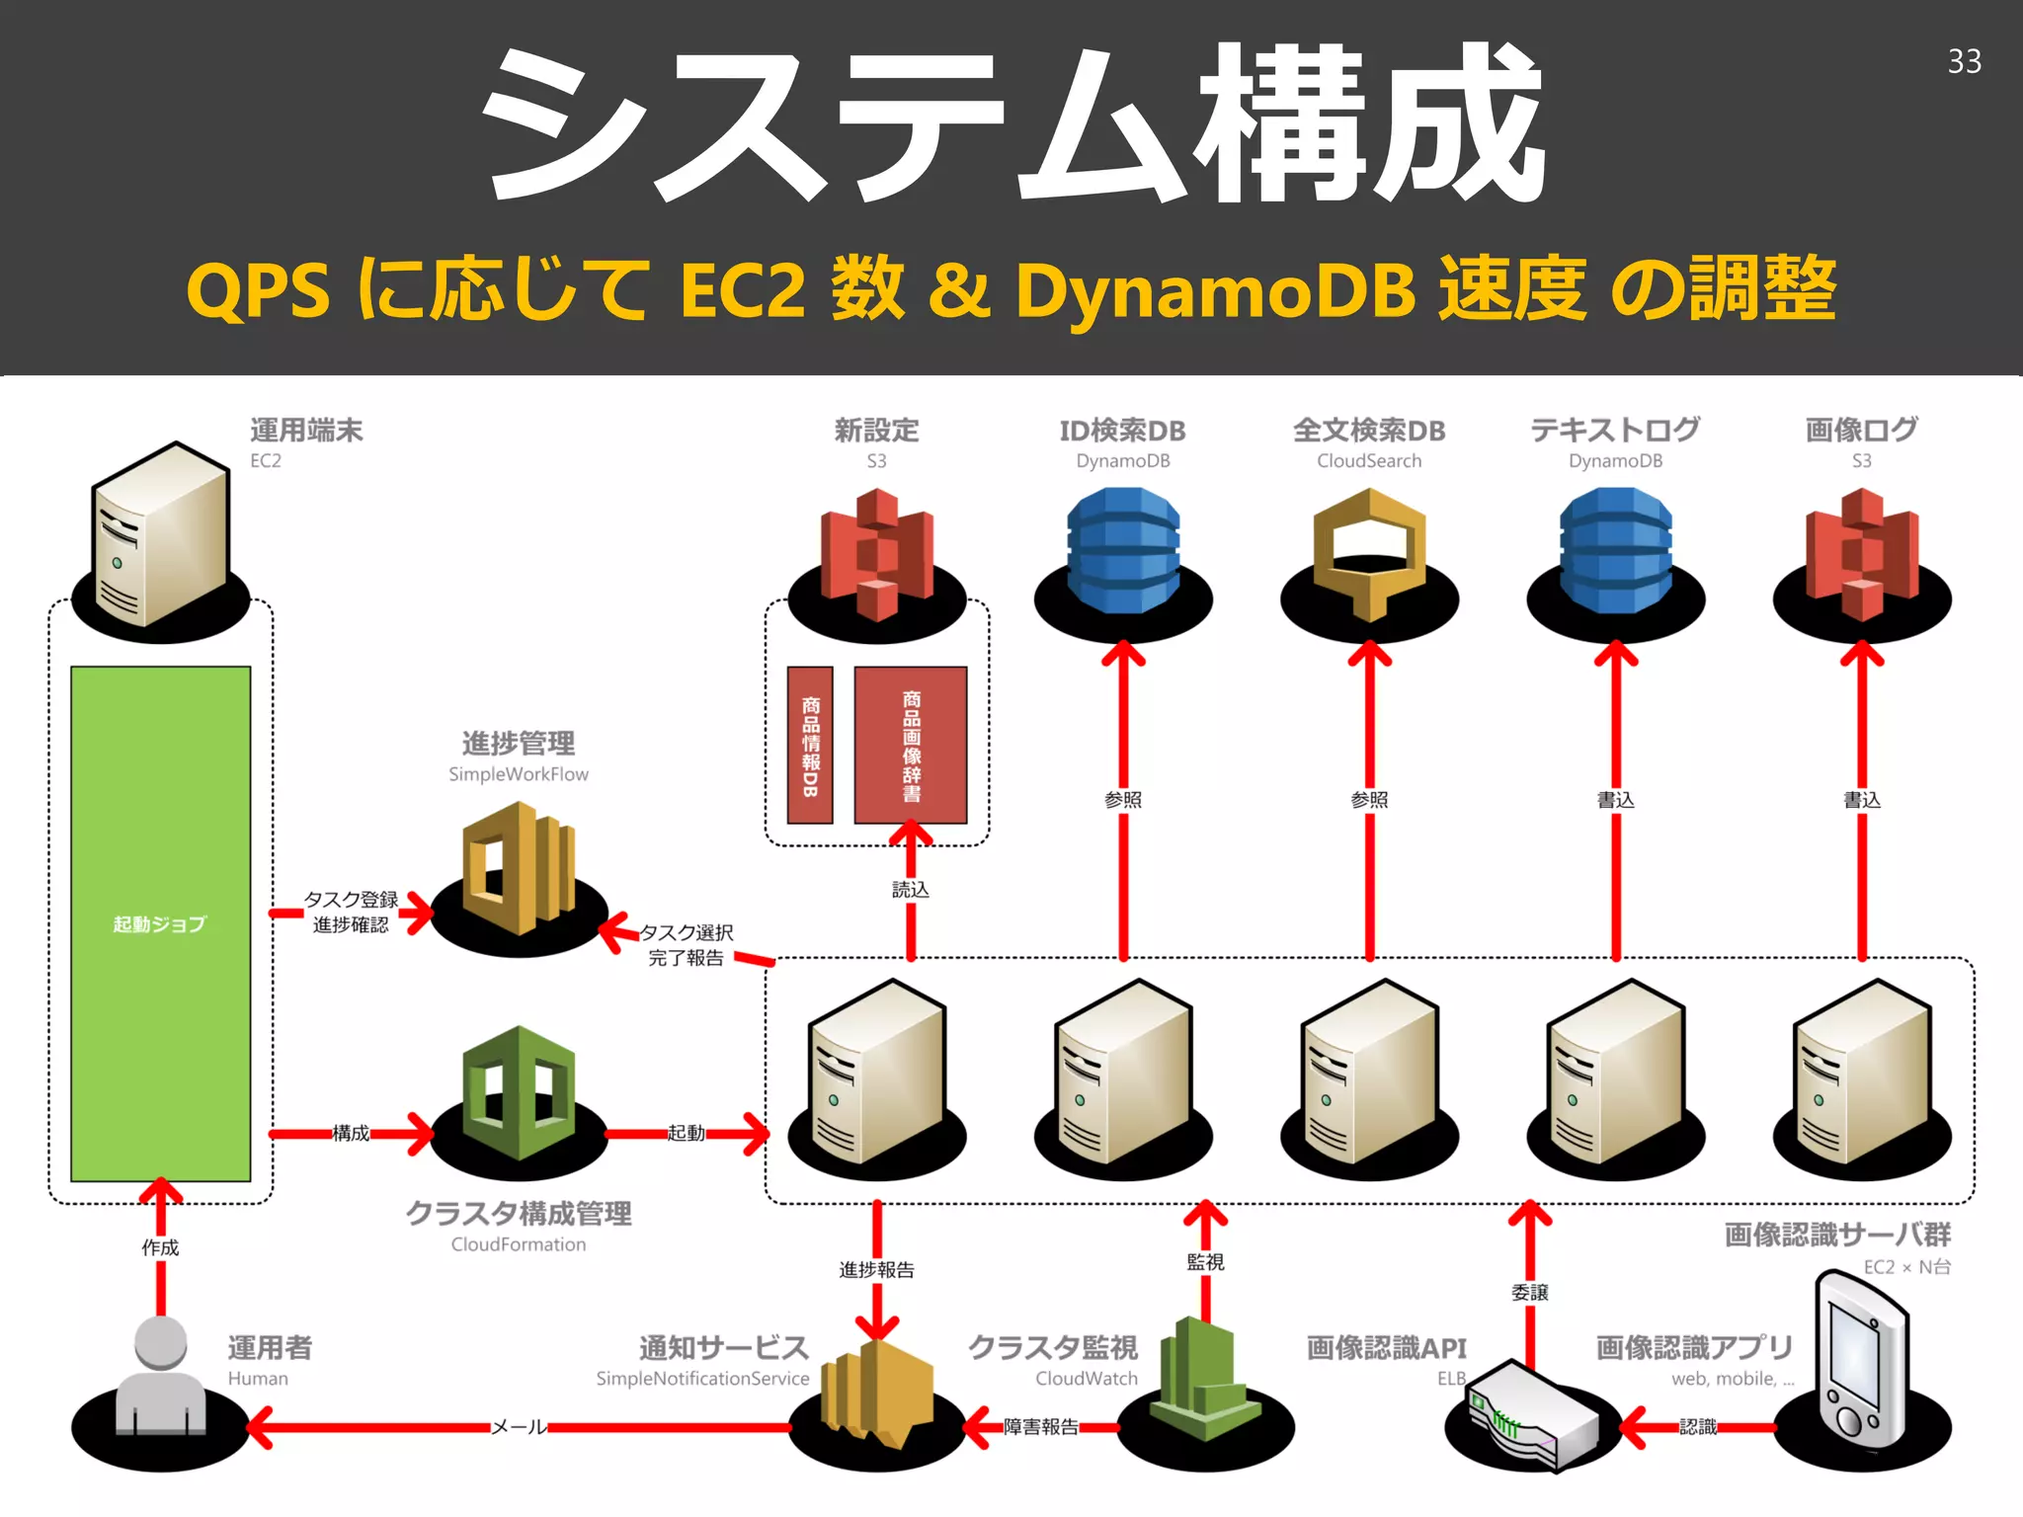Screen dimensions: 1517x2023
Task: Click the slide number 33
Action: pyautogui.click(x=1964, y=61)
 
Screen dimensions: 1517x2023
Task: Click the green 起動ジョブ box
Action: pyautogui.click(x=160, y=923)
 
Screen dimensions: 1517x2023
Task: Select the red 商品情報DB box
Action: pyautogui.click(x=810, y=745)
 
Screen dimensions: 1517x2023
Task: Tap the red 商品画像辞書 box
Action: pyautogui.click(x=911, y=745)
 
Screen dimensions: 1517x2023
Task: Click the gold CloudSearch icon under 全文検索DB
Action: pyautogui.click(x=1369, y=553)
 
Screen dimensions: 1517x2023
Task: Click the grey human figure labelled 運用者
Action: pyautogui.click(x=161, y=1378)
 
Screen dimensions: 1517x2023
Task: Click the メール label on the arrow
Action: pyautogui.click(x=519, y=1426)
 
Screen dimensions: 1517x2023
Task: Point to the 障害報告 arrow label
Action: pyautogui.click(x=1040, y=1426)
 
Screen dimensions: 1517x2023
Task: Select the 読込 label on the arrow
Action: pyautogui.click(x=910, y=889)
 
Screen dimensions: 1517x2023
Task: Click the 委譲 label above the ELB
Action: pyautogui.click(x=1529, y=1292)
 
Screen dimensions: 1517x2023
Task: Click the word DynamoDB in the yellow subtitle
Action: pyautogui.click(x=1215, y=291)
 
